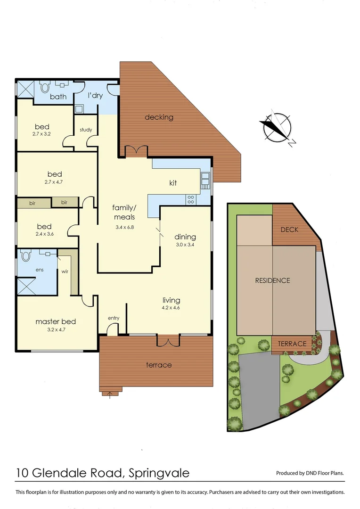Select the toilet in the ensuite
[x=25, y=255]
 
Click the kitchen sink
[x=205, y=180]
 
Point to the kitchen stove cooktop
[x=191, y=199]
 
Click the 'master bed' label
[x=56, y=321]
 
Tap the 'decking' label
[x=159, y=117]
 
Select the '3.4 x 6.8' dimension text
[x=123, y=228]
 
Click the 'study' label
[x=86, y=130]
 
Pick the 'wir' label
[x=65, y=271]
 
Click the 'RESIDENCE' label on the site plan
[x=272, y=280]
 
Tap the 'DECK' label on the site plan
[x=290, y=230]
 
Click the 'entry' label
[x=114, y=318]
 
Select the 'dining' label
[x=185, y=237]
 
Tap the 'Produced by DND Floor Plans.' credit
[x=310, y=473]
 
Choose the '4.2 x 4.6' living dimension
[x=172, y=308]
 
